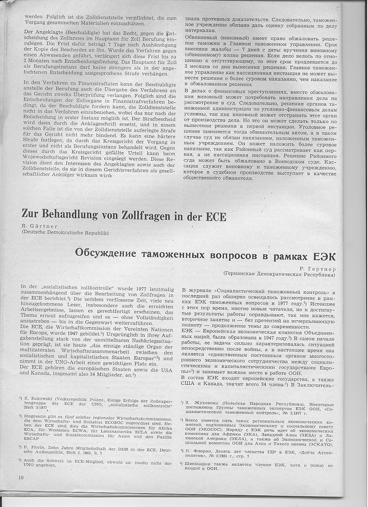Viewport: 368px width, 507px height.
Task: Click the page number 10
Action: tap(21, 478)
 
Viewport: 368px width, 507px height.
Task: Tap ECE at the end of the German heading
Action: tap(213, 215)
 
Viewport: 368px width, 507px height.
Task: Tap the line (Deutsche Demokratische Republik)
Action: tap(65, 233)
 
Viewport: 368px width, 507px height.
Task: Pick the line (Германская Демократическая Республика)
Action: tap(279, 274)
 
